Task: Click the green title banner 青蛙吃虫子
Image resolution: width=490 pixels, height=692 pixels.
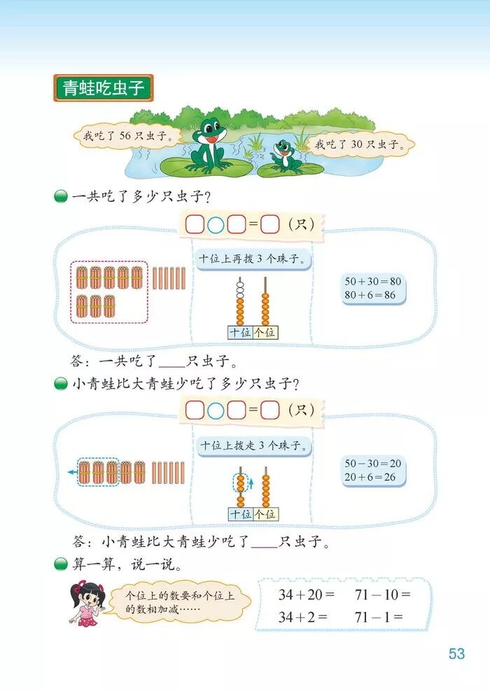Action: [103, 90]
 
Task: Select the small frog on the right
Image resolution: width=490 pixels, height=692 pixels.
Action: [283, 155]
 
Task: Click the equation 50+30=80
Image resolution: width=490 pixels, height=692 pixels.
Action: [374, 282]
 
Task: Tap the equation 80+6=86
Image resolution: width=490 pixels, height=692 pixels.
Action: [370, 295]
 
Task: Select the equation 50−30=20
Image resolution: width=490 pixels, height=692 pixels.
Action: [374, 463]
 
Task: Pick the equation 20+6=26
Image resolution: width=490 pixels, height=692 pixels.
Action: [370, 476]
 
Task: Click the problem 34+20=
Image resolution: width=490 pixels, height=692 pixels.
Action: [297, 595]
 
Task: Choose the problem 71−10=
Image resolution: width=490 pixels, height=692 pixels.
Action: [382, 595]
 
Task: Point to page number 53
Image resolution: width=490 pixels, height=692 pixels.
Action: [456, 653]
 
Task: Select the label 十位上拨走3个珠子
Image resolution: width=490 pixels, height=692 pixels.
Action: [253, 445]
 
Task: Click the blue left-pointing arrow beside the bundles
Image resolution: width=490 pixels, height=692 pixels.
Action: [72, 472]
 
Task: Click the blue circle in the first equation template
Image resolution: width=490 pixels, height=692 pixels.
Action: [216, 225]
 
